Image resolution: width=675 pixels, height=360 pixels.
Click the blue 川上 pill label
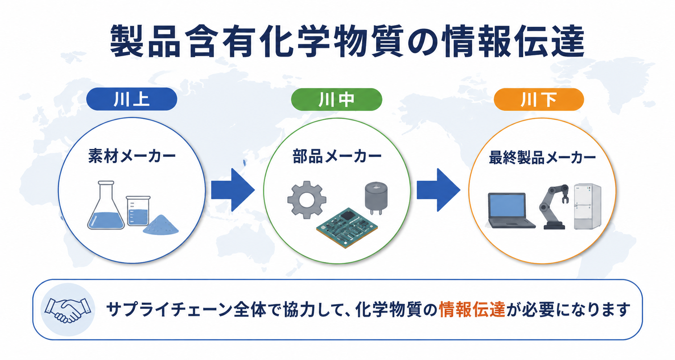(x=132, y=99)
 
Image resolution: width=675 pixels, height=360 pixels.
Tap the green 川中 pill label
(x=337, y=99)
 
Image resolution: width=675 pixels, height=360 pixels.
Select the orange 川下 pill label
(x=539, y=99)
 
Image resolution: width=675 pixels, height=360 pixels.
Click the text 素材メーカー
(x=132, y=156)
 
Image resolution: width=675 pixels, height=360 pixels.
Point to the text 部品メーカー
(x=337, y=156)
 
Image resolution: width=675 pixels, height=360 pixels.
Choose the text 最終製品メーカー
(x=543, y=158)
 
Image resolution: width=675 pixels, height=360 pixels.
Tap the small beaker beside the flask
(x=138, y=211)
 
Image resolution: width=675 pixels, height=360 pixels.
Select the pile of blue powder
(x=161, y=225)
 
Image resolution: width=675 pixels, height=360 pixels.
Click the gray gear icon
(x=307, y=200)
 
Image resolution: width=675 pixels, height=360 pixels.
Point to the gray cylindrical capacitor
(x=376, y=198)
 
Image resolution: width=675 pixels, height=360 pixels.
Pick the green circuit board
(x=347, y=228)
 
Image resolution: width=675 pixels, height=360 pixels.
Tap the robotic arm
(x=554, y=207)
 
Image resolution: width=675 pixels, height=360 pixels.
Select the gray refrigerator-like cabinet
(x=587, y=206)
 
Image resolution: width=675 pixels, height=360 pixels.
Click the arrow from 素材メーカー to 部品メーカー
(x=233, y=190)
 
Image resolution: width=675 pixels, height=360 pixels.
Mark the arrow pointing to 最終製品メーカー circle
(x=438, y=190)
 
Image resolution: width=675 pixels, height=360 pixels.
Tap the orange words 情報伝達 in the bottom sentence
(x=472, y=310)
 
